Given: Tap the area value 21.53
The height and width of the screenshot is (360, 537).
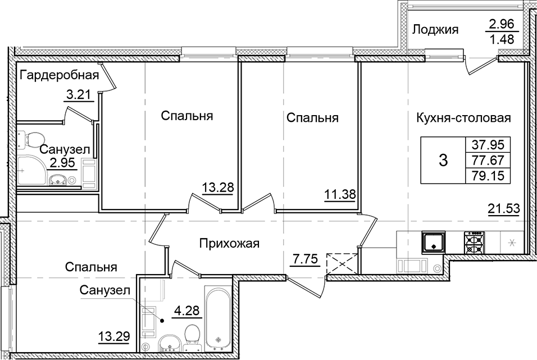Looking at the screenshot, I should [x=504, y=210].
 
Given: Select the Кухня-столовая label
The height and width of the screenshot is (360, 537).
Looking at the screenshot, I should [x=463, y=118].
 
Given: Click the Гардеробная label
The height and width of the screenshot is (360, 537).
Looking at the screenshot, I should [x=59, y=75].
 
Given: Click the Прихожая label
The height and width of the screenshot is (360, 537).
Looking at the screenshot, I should [x=229, y=243].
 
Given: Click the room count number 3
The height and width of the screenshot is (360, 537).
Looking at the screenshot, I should [x=443, y=161].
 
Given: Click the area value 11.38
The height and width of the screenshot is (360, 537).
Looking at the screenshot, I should [x=339, y=196].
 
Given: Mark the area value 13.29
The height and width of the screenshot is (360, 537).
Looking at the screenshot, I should [x=114, y=337].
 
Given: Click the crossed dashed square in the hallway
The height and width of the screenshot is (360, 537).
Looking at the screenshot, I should [x=342, y=263].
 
